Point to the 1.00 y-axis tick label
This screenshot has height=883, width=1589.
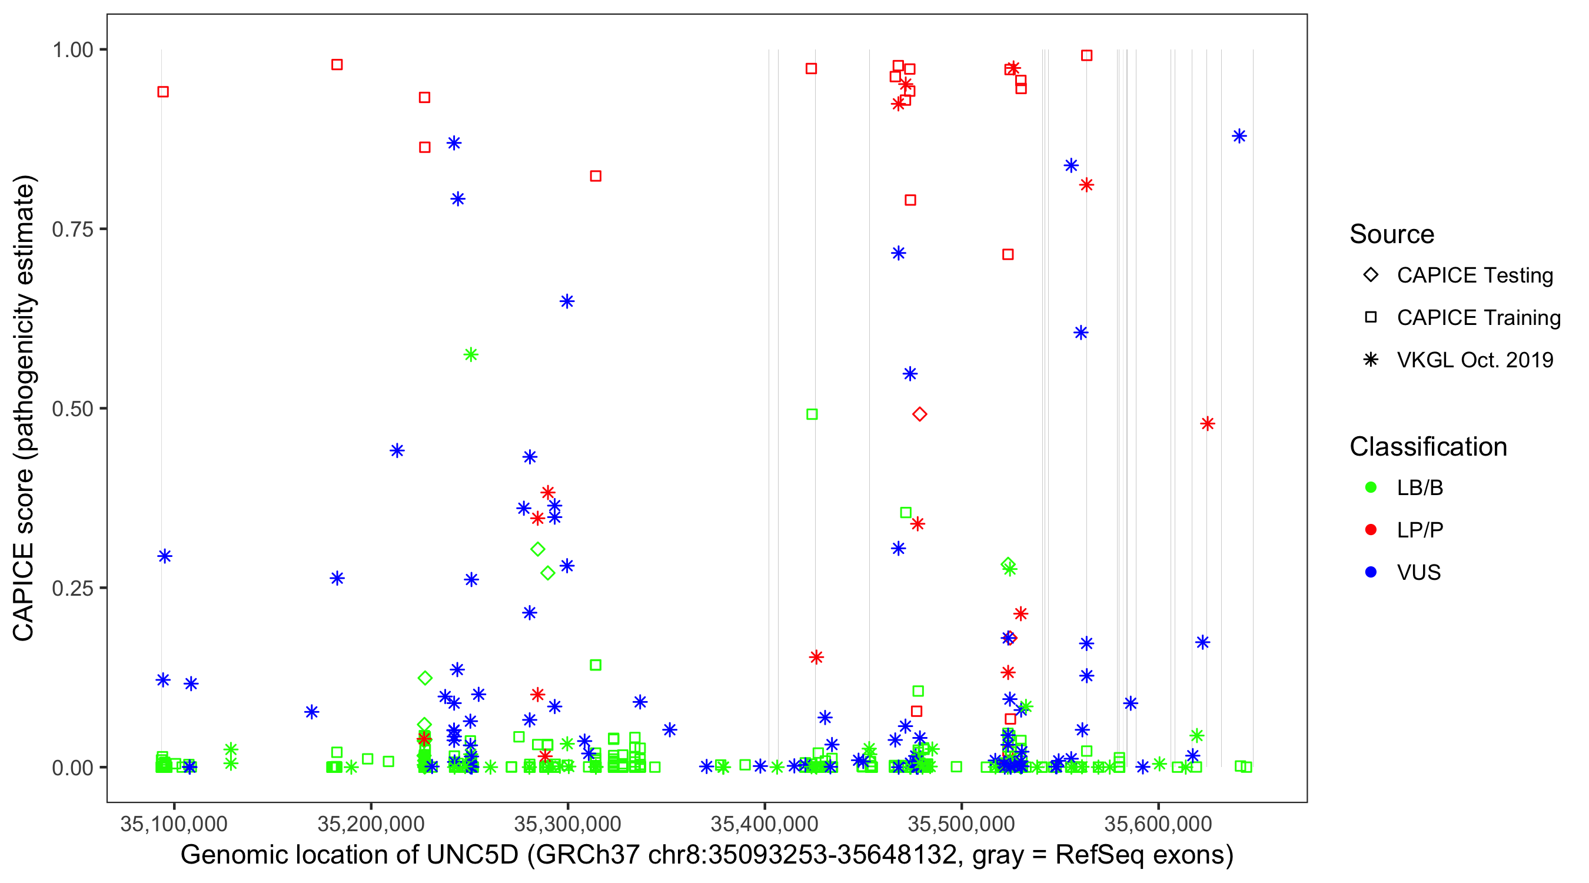pyautogui.click(x=72, y=50)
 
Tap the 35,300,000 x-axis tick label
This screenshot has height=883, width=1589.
pyautogui.click(x=567, y=824)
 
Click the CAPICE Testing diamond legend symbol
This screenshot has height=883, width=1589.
pyautogui.click(x=1371, y=275)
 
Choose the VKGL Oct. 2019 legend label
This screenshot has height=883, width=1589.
pyautogui.click(x=1474, y=360)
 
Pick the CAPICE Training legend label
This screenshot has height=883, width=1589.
pyautogui.click(x=1478, y=318)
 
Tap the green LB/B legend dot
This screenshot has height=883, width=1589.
pyautogui.click(x=1371, y=488)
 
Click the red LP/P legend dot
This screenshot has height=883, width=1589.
pyautogui.click(x=1371, y=530)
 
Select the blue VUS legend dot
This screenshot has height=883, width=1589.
pyautogui.click(x=1371, y=573)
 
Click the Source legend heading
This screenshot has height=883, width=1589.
pyautogui.click(x=1392, y=234)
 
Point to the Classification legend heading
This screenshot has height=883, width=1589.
pyautogui.click(x=1427, y=447)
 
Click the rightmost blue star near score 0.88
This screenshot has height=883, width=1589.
pyautogui.click(x=1239, y=137)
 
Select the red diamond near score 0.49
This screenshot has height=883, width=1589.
pyautogui.click(x=919, y=414)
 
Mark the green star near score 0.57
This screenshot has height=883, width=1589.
pyautogui.click(x=471, y=355)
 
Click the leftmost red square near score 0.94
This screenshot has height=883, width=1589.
pyautogui.click(x=163, y=92)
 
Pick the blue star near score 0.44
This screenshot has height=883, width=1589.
pyautogui.click(x=397, y=451)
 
